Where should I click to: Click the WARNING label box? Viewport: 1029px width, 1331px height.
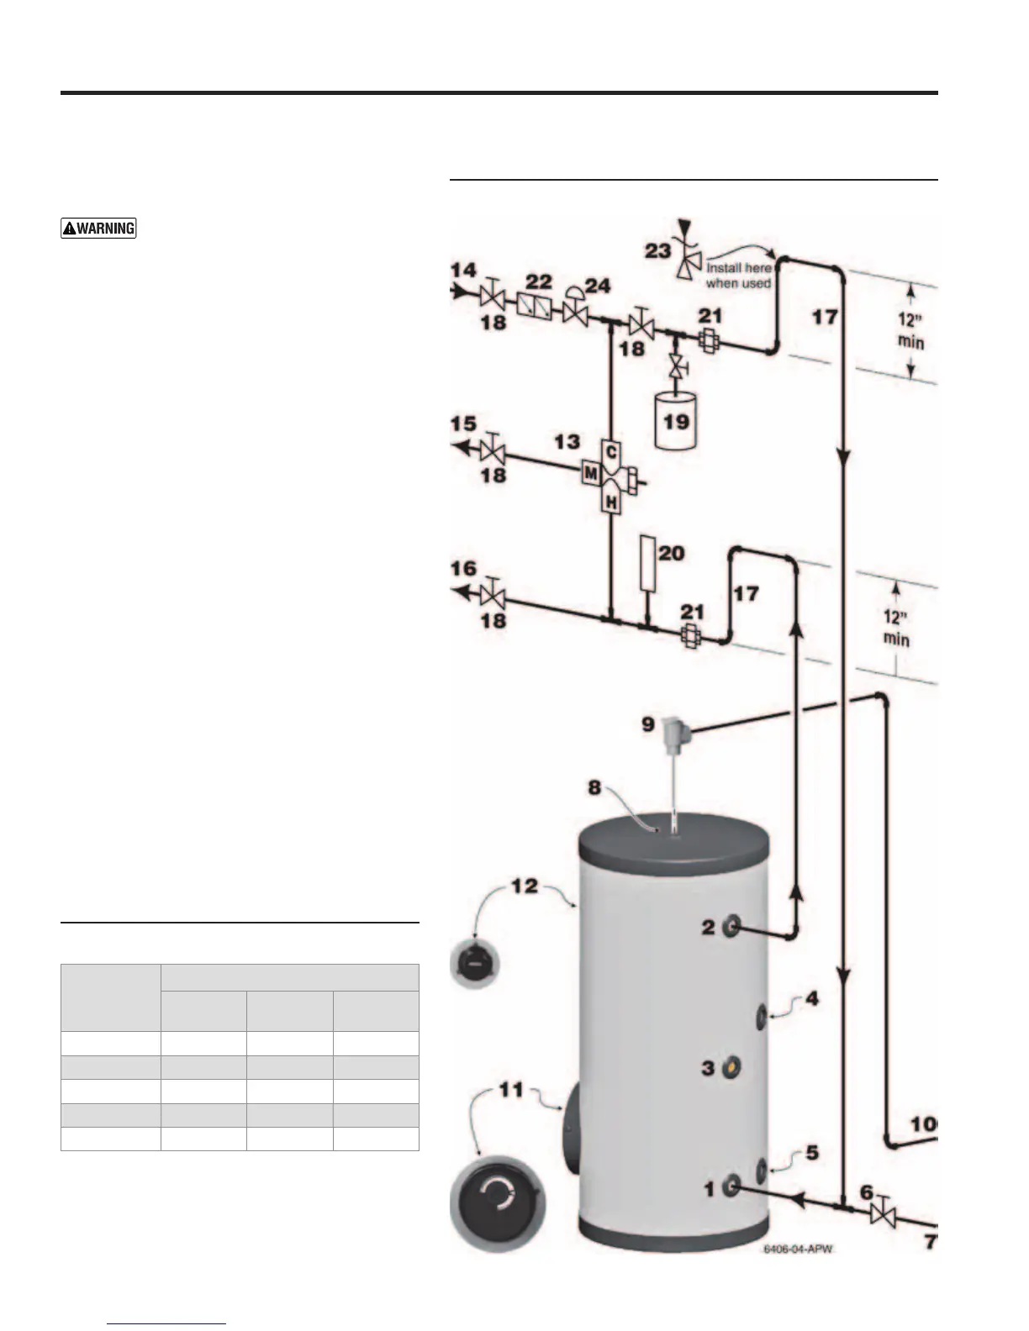(x=98, y=228)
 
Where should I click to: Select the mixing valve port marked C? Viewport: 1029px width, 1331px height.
(x=611, y=451)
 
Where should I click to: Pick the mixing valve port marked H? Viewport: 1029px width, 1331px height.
(x=611, y=502)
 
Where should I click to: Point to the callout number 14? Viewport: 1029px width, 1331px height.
(x=463, y=271)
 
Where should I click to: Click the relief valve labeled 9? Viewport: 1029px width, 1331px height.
(x=675, y=730)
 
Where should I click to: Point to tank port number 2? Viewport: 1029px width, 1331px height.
(x=731, y=927)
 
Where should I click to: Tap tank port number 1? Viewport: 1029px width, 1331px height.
(x=731, y=1186)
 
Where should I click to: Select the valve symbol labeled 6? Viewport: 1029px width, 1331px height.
(x=883, y=1214)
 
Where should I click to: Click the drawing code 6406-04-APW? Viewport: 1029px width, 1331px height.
(x=797, y=1249)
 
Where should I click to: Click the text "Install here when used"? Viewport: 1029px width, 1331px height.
(x=738, y=276)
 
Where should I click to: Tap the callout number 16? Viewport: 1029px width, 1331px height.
(x=463, y=570)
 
